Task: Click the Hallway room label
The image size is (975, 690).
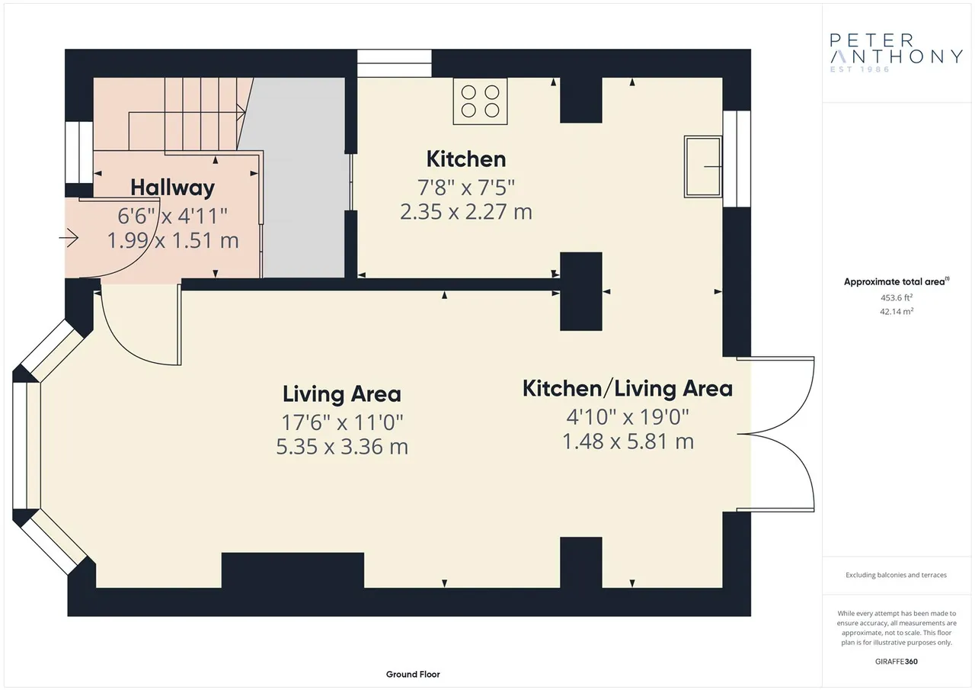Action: click(172, 188)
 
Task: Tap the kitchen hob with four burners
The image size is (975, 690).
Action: click(480, 101)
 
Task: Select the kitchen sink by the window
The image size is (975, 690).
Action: click(703, 166)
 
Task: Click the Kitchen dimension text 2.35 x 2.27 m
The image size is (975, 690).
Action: click(465, 212)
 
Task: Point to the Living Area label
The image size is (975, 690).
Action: click(342, 393)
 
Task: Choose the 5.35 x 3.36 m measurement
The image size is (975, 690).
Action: click(342, 447)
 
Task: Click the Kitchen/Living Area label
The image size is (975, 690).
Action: click(627, 389)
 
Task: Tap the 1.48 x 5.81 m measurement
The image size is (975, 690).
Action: click(628, 441)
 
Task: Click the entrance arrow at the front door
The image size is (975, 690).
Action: click(69, 238)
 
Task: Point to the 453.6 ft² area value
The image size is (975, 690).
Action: click(897, 297)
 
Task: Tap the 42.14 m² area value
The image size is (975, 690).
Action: click(897, 312)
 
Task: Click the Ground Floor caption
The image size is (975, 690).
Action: click(413, 674)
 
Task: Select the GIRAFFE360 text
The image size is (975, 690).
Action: click(897, 661)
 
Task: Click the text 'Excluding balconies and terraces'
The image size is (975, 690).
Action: click(896, 575)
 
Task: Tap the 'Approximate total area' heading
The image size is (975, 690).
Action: click(897, 282)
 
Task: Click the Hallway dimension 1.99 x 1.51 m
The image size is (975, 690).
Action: click(173, 241)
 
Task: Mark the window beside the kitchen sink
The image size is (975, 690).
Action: click(737, 159)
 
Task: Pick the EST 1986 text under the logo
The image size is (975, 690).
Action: click(860, 69)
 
